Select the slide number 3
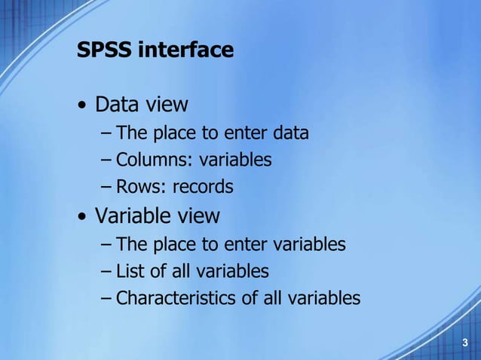465,343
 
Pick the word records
203,187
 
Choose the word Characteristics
176,298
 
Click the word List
130,270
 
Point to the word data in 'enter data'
290,134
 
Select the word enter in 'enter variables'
228,244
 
